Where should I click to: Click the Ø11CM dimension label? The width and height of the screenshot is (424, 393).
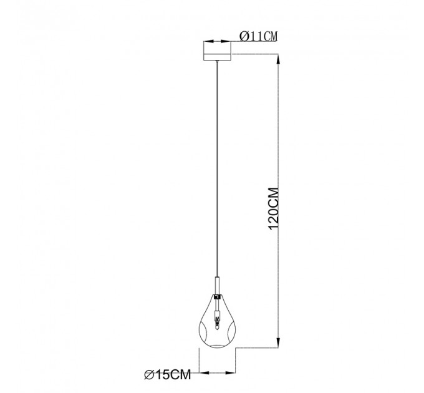[259, 36]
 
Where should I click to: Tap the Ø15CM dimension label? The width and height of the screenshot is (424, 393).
[168, 375]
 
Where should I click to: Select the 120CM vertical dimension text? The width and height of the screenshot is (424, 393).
[273, 208]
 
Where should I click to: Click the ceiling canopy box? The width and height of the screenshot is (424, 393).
[217, 51]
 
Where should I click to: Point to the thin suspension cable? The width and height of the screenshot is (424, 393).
[217, 168]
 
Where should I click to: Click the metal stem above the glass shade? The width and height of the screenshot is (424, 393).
[217, 286]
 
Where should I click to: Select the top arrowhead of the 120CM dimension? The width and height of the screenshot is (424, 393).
[279, 59]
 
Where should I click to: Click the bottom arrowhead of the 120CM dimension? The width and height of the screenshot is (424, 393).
[279, 342]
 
